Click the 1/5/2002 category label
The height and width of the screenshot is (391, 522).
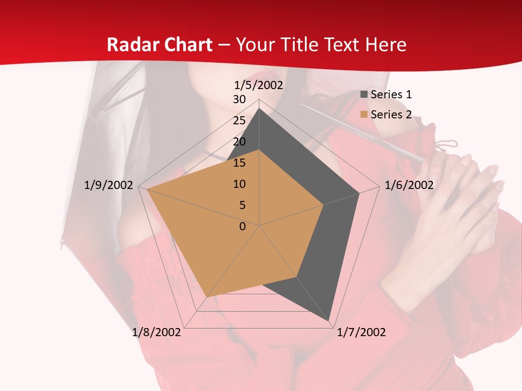pos(259,85)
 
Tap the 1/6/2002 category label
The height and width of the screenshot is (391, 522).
pos(409,185)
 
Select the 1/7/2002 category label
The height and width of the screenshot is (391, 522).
pos(361,332)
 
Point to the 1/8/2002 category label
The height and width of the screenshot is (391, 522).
pos(157,332)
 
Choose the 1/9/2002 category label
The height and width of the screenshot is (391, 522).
pos(109,185)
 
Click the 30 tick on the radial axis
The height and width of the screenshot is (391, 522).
pos(239,99)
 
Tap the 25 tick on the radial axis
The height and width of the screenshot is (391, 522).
pos(239,121)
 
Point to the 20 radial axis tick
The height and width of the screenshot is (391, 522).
pos(239,142)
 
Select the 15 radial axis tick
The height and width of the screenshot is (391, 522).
pos(239,163)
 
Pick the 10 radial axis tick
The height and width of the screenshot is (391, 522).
pos(239,184)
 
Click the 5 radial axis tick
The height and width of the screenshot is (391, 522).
pos(242,205)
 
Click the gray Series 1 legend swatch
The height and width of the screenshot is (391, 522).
pos(364,94)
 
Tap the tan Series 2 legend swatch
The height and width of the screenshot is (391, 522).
pos(364,115)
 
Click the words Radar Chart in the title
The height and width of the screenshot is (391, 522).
pos(159,45)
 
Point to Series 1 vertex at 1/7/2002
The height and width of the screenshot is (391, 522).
pos(329,320)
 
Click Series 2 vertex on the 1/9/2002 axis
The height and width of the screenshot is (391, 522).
pos(147,189)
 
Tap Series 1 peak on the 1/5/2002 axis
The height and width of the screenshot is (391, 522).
pos(259,109)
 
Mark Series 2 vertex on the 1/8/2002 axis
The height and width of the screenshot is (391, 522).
pos(207,297)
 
